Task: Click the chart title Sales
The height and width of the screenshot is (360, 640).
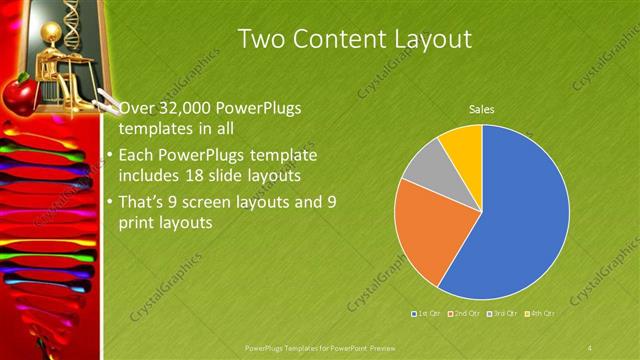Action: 482,110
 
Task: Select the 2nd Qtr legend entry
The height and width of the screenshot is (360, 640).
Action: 466,314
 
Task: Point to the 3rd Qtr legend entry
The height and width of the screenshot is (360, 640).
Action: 504,314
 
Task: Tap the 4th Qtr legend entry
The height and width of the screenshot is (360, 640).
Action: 541,314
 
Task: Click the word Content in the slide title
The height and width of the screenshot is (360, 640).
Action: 337,39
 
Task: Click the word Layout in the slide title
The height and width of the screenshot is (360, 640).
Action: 429,40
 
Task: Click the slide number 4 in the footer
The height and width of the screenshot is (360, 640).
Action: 590,347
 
